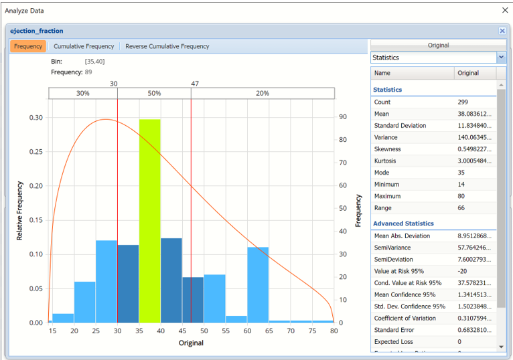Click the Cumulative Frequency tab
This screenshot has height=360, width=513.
pos(84,46)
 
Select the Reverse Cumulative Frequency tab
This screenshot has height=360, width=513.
pos(167,46)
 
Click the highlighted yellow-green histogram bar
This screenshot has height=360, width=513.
pos(150,221)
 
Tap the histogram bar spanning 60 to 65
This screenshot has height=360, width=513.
pos(258,284)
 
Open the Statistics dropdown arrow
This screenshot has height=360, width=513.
pos(501,58)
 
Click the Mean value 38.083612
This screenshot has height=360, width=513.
pos(476,114)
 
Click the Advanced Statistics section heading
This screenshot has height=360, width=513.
pos(403,223)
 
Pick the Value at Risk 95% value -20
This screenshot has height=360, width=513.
pos(463,271)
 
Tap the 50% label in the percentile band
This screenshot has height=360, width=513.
pos(154,94)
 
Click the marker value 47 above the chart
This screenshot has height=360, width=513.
pos(194,84)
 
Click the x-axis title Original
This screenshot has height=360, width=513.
pos(191,343)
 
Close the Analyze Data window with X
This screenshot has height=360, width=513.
pos(505,10)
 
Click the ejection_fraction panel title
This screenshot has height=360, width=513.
pos(37,31)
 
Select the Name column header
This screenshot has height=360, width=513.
pos(382,73)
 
